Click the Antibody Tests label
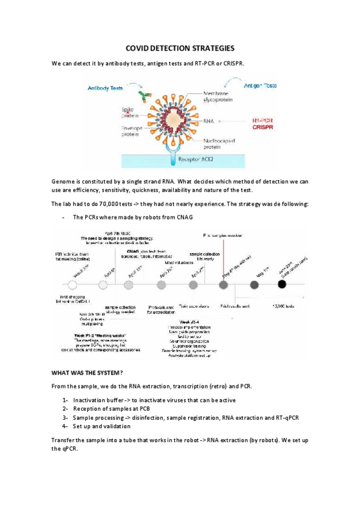click(105, 88)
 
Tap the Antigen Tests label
click(260, 86)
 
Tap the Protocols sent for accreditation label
click(161, 309)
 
